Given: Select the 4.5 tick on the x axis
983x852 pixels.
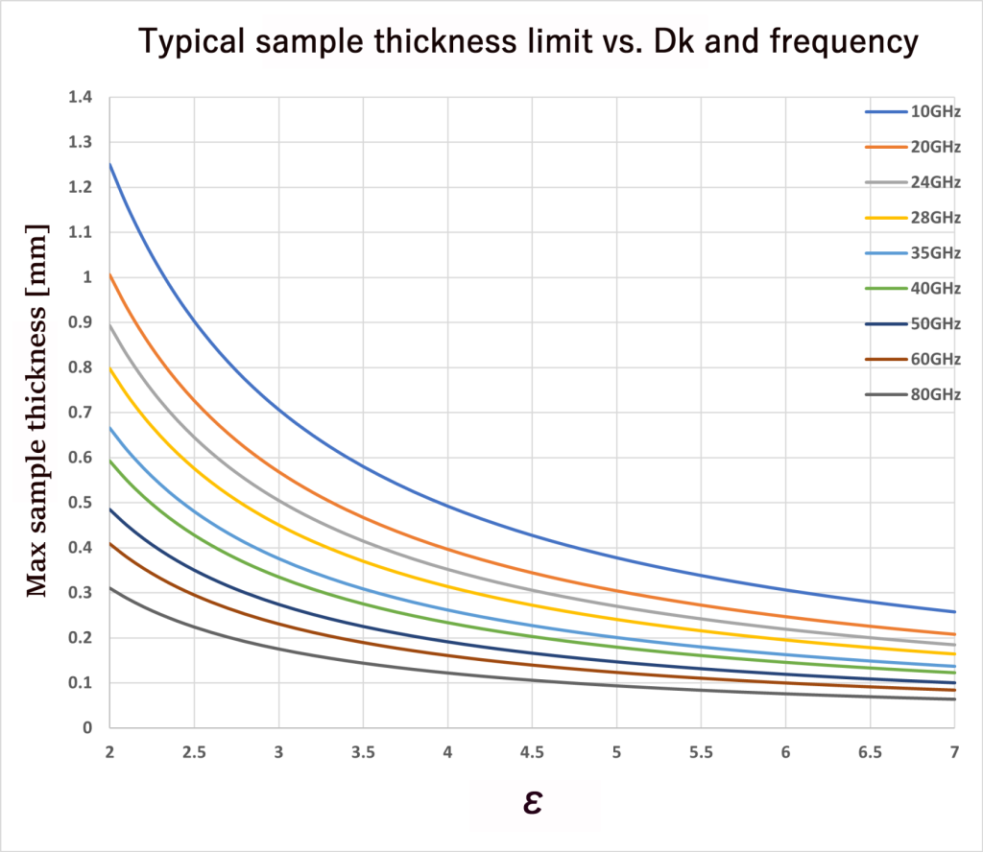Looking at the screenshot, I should (x=532, y=754).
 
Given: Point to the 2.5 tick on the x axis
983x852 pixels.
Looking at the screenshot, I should (x=194, y=754).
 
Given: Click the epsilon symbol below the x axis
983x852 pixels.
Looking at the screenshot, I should (x=533, y=802).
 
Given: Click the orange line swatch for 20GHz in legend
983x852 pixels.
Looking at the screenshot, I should (x=884, y=148).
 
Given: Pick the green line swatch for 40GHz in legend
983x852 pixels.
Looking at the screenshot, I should (x=884, y=289).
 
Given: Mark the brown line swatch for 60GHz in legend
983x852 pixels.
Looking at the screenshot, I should (x=884, y=359).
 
